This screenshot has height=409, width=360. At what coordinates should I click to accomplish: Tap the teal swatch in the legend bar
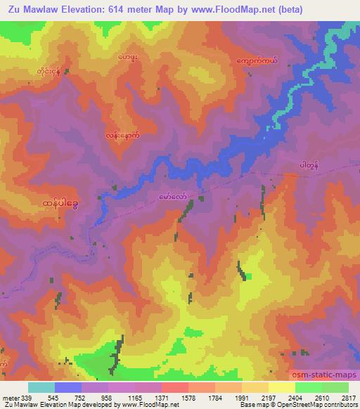coord(41,387)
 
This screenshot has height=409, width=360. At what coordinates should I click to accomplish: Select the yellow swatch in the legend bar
coord(282,387)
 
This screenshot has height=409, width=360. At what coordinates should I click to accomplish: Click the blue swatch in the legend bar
coord(68,387)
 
